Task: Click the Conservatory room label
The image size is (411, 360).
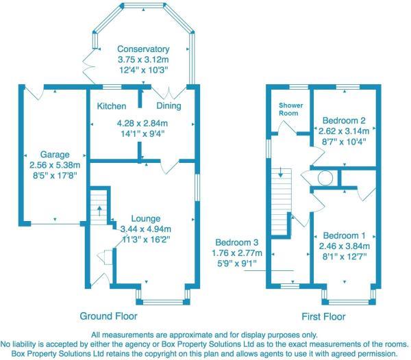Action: click(x=142, y=49)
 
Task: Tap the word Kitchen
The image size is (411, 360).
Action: click(x=111, y=107)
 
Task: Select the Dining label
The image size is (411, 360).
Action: click(x=169, y=107)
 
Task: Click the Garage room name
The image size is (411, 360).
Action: click(x=54, y=154)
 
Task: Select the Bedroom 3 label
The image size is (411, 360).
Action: click(x=236, y=242)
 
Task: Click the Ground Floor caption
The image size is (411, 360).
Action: click(x=108, y=316)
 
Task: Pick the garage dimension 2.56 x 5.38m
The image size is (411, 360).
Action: click(x=54, y=165)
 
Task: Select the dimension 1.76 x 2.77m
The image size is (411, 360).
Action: click(x=236, y=252)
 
